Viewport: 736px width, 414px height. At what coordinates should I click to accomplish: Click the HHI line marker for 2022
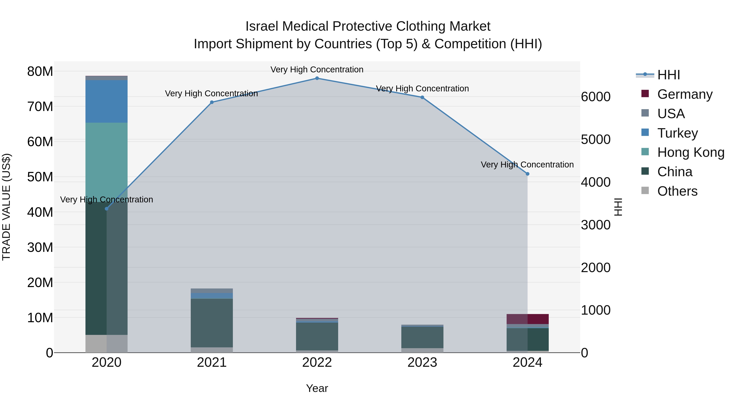(x=317, y=78)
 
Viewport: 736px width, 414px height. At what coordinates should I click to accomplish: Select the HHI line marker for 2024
(x=527, y=174)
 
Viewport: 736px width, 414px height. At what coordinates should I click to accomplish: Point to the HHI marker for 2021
(x=212, y=102)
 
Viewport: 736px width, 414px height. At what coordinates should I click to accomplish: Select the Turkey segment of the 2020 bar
(x=106, y=101)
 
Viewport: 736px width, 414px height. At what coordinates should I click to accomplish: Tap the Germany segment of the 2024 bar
(x=527, y=319)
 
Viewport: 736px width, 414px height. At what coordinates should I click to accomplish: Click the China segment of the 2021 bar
(x=212, y=323)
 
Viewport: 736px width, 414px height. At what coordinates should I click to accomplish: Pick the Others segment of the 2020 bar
(x=106, y=343)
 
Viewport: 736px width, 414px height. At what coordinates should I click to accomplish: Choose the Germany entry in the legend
(x=684, y=94)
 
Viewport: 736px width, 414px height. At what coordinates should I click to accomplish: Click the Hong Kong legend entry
(x=690, y=152)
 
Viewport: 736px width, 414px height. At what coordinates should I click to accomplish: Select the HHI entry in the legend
(x=668, y=75)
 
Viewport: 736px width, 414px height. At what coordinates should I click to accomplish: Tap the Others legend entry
(x=677, y=191)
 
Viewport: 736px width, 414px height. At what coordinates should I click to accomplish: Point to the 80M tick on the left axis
(x=40, y=71)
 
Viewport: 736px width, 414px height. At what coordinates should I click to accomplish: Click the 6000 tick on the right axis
(x=596, y=97)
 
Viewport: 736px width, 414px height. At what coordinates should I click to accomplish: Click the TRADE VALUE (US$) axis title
(x=7, y=207)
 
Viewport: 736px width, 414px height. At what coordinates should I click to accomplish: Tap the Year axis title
(x=317, y=388)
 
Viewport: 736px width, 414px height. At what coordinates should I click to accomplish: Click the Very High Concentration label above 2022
(x=317, y=70)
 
